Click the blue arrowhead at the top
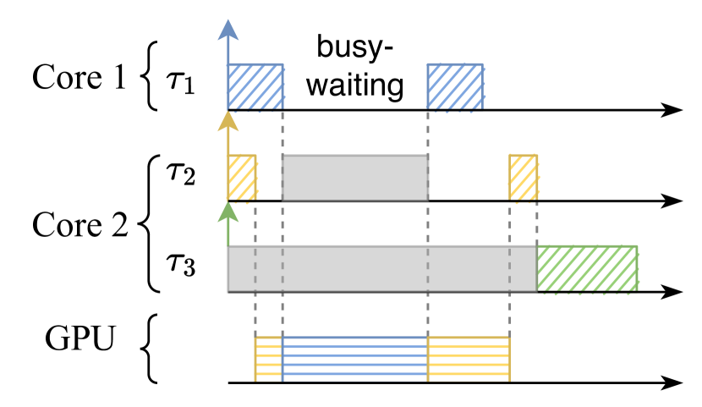[228, 30]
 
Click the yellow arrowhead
[228, 122]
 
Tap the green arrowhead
[228, 212]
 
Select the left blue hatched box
[255, 86]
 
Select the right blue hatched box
[455, 86]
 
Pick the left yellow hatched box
[242, 178]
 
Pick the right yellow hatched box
[524, 178]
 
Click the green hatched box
[588, 268]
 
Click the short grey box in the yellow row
[355, 178]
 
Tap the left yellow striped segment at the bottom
[269, 359]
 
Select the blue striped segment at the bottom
[355, 359]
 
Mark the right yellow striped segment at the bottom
[469, 359]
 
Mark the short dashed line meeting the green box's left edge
[538, 224]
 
